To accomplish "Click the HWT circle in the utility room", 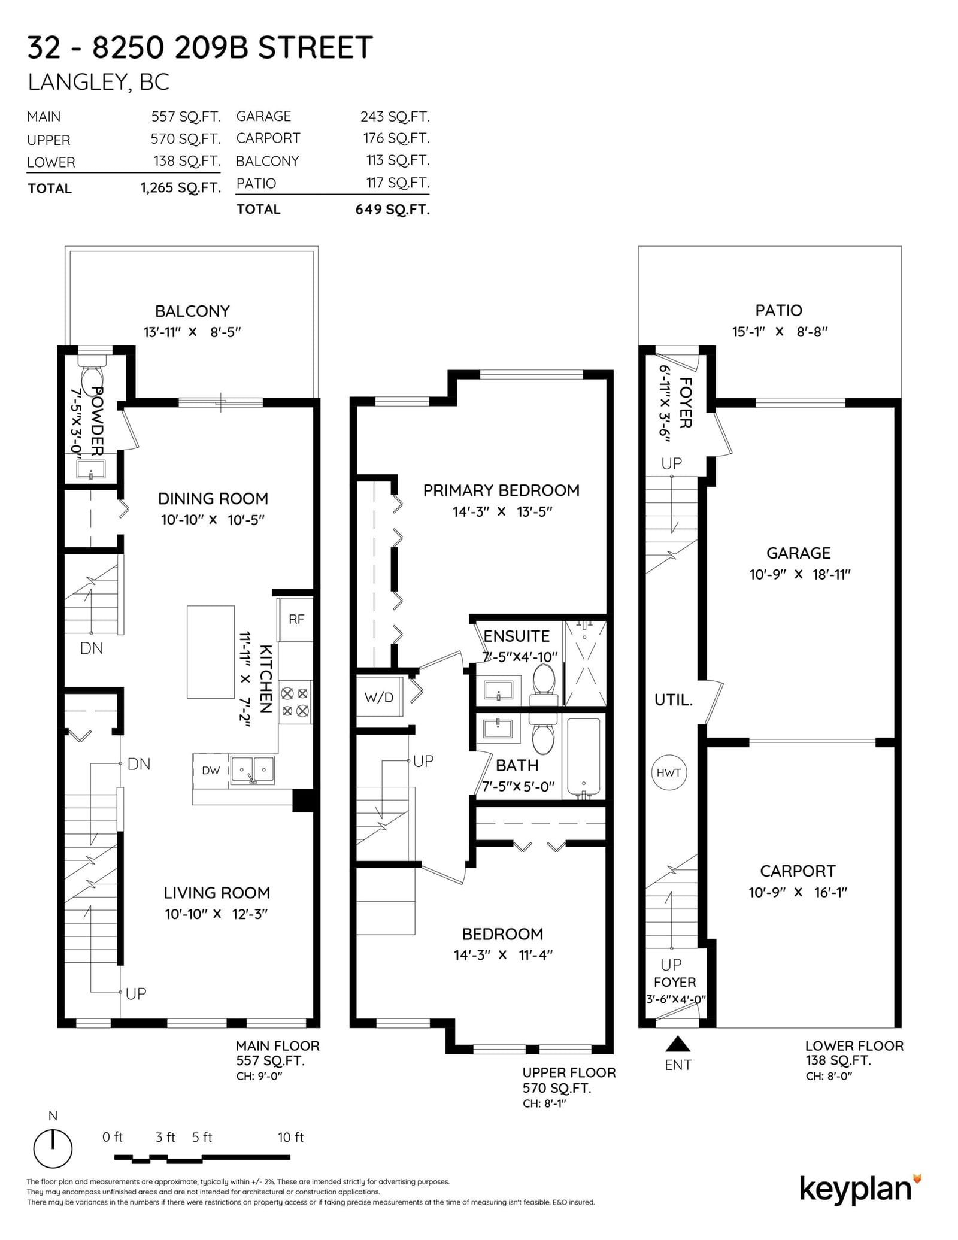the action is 668,772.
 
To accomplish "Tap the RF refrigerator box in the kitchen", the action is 295,619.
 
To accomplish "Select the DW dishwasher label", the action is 211,771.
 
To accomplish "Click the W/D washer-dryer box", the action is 379,696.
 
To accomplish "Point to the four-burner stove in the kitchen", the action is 295,702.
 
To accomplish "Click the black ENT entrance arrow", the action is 678,1044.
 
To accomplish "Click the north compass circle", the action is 53,1149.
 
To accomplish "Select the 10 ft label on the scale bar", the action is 290,1137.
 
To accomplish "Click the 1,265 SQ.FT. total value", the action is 181,188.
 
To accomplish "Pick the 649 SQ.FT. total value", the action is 393,209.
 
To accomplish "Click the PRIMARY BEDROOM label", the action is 501,490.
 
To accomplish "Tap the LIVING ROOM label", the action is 217,893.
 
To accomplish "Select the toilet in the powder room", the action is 92,371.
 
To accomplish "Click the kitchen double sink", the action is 252,770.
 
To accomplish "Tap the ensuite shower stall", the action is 585,663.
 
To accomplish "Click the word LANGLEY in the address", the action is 77,82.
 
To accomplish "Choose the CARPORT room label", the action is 798,871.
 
